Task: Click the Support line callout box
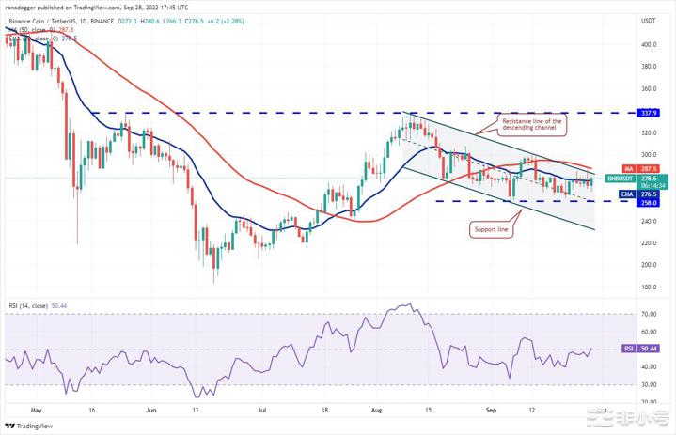pyautogui.click(x=492, y=229)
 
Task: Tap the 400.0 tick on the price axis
pyautogui.click(x=648, y=44)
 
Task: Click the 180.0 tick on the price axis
pyautogui.click(x=648, y=287)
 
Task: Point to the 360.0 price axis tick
pyautogui.click(x=648, y=88)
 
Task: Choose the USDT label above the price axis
pyautogui.click(x=648, y=20)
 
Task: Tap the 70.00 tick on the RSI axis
pyautogui.click(x=648, y=313)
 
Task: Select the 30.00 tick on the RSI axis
pyautogui.click(x=648, y=384)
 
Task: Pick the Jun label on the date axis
pyautogui.click(x=150, y=410)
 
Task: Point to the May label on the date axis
pyautogui.click(x=37, y=410)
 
